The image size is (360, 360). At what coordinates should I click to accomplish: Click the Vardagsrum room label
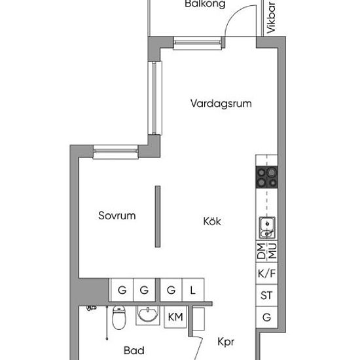point(221,103)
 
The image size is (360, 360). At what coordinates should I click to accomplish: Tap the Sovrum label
point(117,215)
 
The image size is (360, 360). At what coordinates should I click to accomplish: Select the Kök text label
point(212,221)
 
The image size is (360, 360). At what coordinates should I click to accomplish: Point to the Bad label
point(134,351)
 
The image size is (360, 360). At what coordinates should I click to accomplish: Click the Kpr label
point(226,342)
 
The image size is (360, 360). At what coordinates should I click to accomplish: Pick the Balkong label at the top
point(205,4)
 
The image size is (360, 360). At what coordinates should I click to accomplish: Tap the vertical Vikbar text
point(271,18)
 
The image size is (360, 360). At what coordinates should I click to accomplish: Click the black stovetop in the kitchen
point(267,177)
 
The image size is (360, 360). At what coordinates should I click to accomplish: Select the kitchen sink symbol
point(267,228)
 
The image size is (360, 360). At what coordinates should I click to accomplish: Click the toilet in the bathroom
point(119,317)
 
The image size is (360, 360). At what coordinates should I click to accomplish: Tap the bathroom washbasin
point(148,315)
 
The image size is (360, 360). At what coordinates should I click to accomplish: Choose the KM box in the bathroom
point(175,317)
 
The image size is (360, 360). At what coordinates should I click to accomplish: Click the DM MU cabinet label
point(267,251)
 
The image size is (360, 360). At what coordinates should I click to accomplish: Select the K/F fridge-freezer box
point(267,274)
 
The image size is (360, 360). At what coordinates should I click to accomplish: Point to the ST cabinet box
point(267,295)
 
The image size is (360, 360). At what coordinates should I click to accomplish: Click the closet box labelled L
point(193,290)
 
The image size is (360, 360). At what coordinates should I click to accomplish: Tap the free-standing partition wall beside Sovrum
point(158,217)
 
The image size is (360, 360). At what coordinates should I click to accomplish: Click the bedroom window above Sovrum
point(116,152)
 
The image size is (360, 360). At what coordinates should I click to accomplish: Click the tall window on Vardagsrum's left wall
point(155,98)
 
